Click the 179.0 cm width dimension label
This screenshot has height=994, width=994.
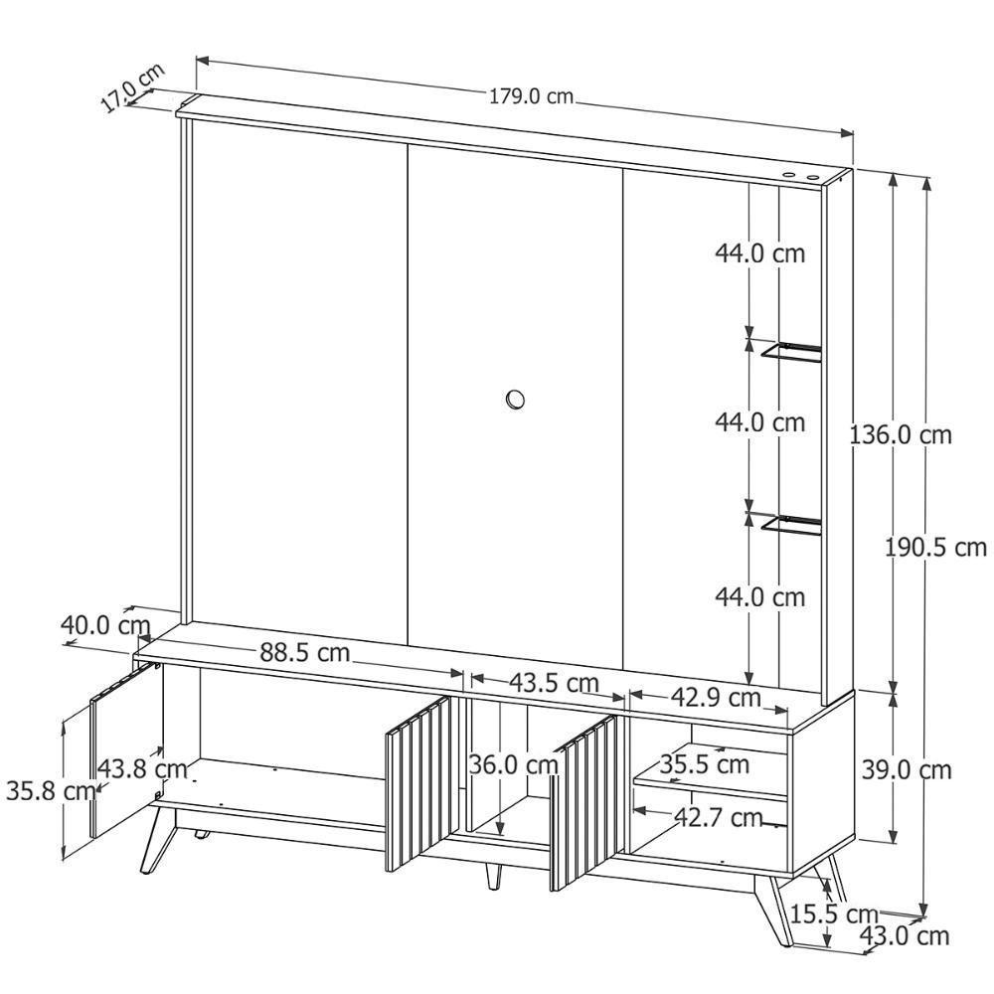click(x=531, y=97)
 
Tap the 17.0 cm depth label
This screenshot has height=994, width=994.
click(x=132, y=88)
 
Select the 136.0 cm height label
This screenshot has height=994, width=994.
click(x=901, y=435)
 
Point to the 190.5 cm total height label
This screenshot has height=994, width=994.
click(x=935, y=547)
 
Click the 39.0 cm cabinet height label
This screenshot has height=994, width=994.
click(x=907, y=769)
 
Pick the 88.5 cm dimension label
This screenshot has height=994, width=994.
click(x=305, y=652)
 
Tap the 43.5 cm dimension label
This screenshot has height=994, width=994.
click(x=554, y=683)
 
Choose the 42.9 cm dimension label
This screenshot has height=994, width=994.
click(x=716, y=698)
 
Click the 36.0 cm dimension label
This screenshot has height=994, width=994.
click(x=513, y=764)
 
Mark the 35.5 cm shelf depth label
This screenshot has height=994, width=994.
click(x=705, y=763)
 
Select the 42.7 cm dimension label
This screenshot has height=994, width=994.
click(x=718, y=818)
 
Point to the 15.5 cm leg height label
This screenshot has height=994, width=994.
click(x=834, y=914)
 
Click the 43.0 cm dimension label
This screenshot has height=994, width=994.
click(x=905, y=935)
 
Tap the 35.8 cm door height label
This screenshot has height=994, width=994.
click(x=51, y=790)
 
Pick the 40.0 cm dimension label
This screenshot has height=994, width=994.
click(x=105, y=625)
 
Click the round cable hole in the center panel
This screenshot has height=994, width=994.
click(x=515, y=400)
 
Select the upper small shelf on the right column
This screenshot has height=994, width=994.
click(x=791, y=352)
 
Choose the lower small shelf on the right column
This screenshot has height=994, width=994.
click(x=791, y=525)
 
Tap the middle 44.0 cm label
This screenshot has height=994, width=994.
click(x=760, y=422)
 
